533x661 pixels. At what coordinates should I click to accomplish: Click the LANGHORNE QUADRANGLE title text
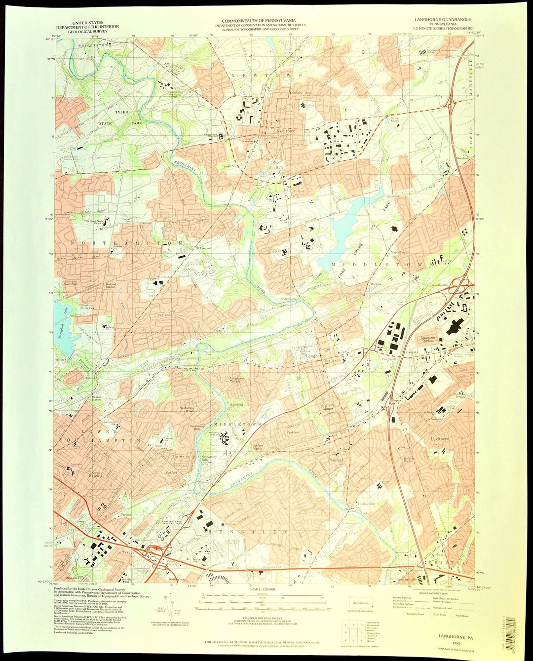[x=444, y=20]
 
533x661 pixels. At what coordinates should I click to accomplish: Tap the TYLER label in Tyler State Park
[x=122, y=112]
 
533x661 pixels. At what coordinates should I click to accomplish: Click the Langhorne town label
[x=315, y=355]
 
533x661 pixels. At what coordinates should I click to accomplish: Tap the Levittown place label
[x=440, y=439]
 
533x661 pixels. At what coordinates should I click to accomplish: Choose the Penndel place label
[x=335, y=460]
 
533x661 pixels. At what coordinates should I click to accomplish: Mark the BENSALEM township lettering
[x=247, y=532]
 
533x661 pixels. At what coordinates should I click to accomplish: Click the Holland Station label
[x=110, y=286]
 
